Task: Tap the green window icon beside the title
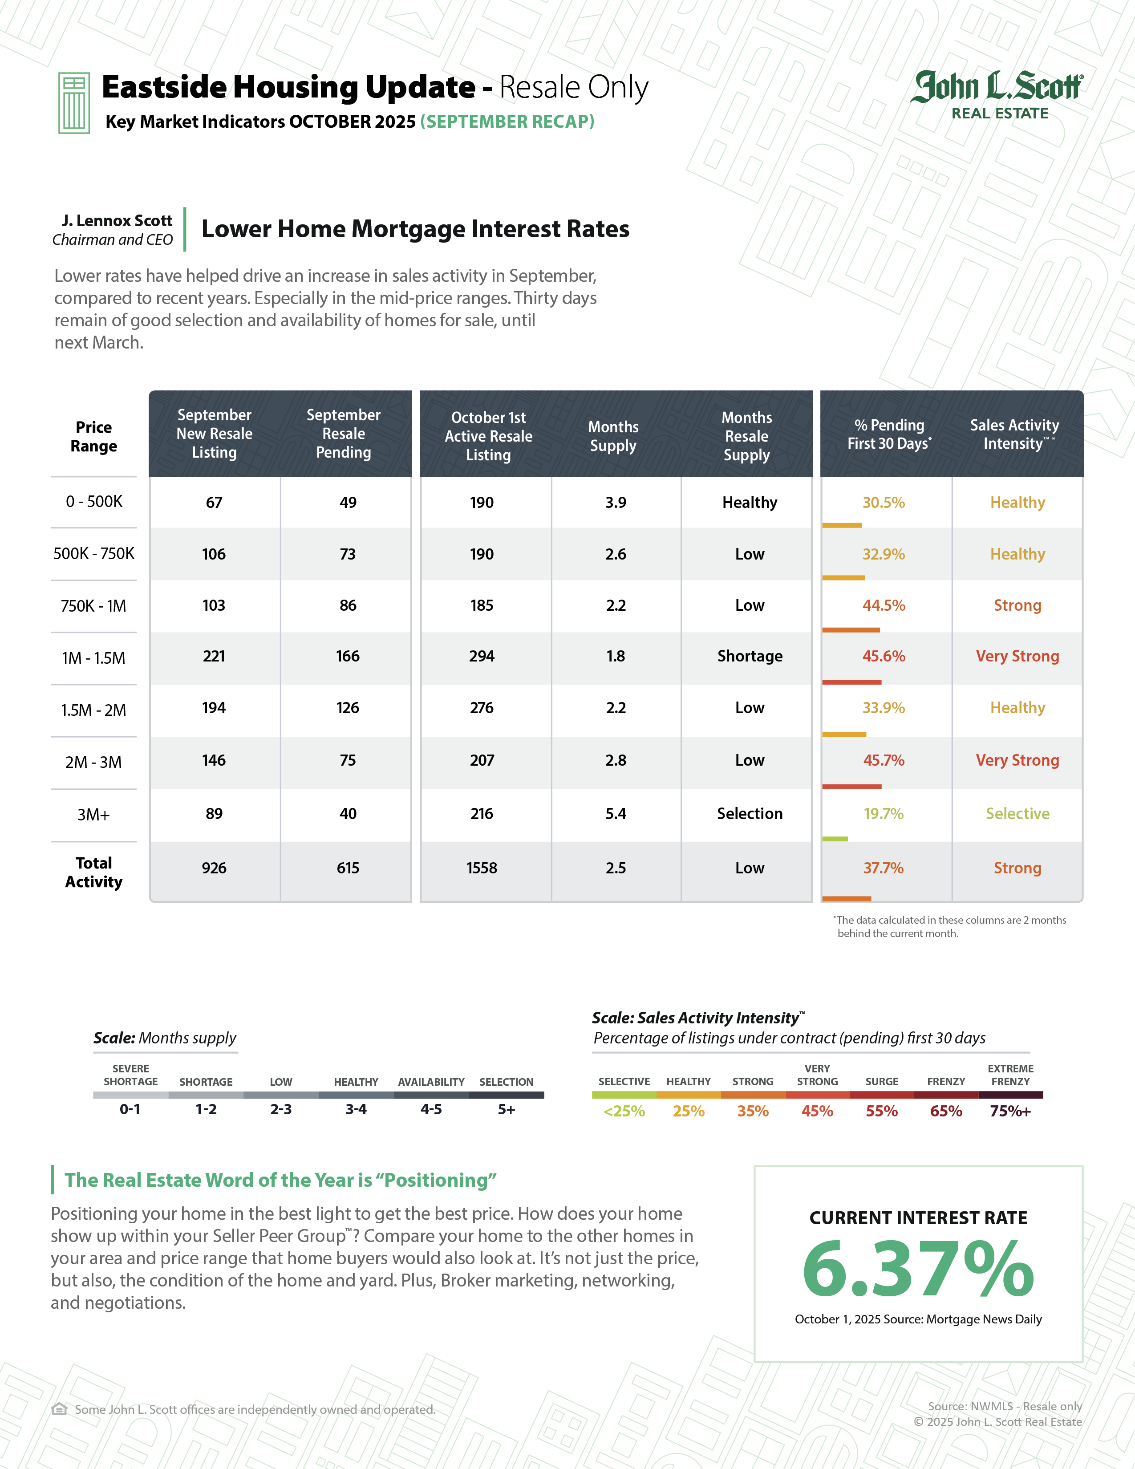[74, 103]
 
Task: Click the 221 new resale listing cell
[214, 657]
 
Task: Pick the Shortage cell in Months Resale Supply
[750, 657]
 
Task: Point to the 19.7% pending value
[884, 814]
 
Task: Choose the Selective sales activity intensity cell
[1017, 814]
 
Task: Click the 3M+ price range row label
[93, 815]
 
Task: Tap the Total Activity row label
[93, 872]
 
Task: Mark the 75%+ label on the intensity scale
[1010, 1111]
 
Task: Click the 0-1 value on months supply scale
[130, 1110]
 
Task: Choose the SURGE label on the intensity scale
[881, 1082]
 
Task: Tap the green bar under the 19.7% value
[835, 839]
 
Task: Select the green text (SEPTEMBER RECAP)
[507, 122]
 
